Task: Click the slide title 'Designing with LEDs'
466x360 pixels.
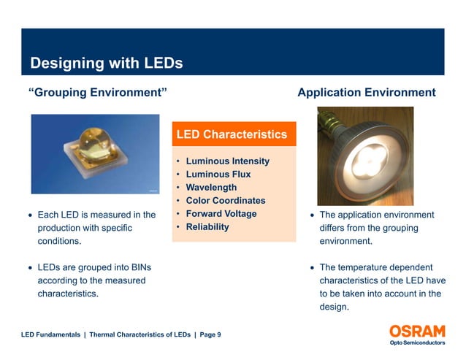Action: tap(106, 64)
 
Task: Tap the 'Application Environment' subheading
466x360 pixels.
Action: tap(366, 93)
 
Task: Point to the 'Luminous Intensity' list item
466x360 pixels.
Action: tap(227, 161)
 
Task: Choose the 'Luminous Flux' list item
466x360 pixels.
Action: tap(218, 174)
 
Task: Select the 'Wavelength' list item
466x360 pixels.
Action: tap(211, 187)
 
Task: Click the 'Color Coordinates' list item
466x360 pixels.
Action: tap(225, 200)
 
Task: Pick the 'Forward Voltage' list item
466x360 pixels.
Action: tap(221, 213)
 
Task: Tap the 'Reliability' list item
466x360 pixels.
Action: tap(207, 226)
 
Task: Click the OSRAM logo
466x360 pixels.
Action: tap(414, 330)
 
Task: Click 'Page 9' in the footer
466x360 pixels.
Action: tap(210, 334)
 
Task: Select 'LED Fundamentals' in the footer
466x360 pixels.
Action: tap(50, 334)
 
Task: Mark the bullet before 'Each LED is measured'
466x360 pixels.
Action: tap(29, 215)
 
